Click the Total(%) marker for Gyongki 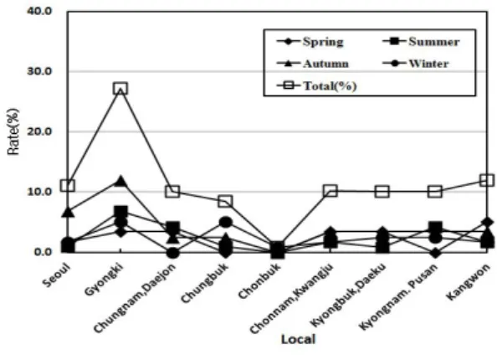pyautogui.click(x=120, y=89)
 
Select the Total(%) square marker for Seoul pyautogui.click(x=68, y=185)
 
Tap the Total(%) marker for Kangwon pyautogui.click(x=487, y=180)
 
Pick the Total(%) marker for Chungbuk pyautogui.click(x=225, y=201)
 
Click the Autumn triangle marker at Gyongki pyautogui.click(x=120, y=181)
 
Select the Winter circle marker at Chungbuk pyautogui.click(x=225, y=223)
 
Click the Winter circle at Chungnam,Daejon pyautogui.click(x=172, y=253)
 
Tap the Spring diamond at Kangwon pyautogui.click(x=487, y=222)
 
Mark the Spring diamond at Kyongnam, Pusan pyautogui.click(x=435, y=253)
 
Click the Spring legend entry pyautogui.click(x=310, y=42)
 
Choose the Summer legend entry pyautogui.click(x=421, y=42)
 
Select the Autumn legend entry pyautogui.click(x=313, y=64)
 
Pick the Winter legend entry pyautogui.click(x=416, y=64)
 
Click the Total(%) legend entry pyautogui.click(x=316, y=85)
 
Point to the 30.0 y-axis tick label pyautogui.click(x=39, y=71)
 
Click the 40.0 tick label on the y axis pyautogui.click(x=39, y=11)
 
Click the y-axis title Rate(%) pyautogui.click(x=13, y=131)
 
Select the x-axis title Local pyautogui.click(x=298, y=339)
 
